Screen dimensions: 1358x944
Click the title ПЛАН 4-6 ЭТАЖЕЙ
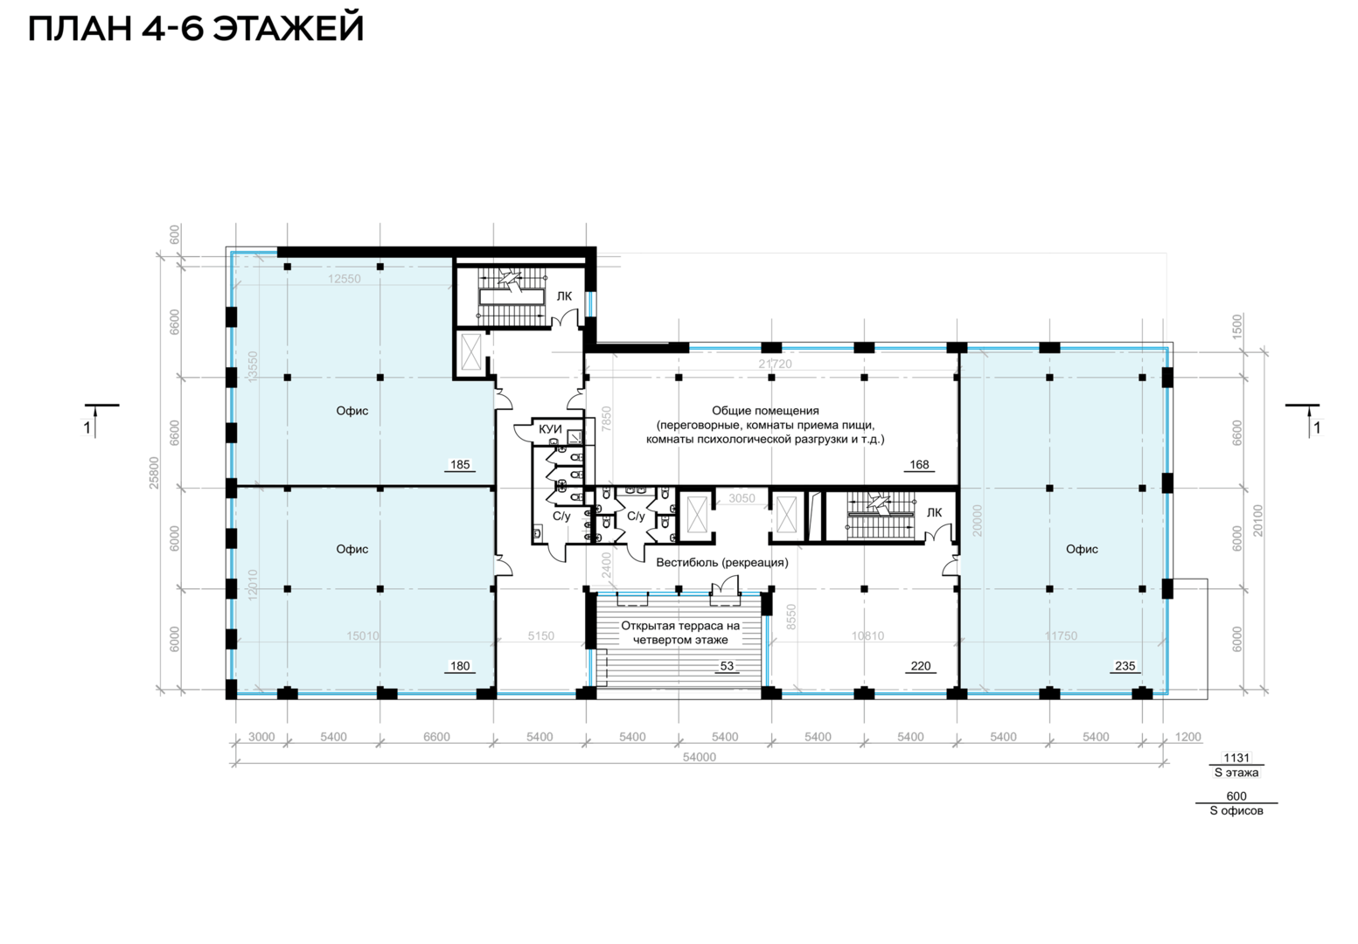click(196, 29)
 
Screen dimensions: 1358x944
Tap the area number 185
click(460, 465)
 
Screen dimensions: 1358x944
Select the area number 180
click(460, 666)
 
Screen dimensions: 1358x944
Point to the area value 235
click(1125, 666)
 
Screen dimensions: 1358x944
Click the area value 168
click(919, 465)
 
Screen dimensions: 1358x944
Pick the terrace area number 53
click(727, 666)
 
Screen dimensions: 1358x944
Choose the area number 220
click(920, 666)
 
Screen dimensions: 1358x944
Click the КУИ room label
click(550, 429)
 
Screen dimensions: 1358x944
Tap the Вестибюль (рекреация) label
click(722, 562)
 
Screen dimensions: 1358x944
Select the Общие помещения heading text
click(765, 411)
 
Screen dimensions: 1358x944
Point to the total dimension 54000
click(699, 757)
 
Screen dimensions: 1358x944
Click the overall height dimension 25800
click(154, 473)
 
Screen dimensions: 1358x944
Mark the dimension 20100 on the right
click(1258, 520)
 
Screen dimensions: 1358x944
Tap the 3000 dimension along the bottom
click(262, 737)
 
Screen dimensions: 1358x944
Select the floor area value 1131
click(1236, 758)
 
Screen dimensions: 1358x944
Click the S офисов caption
click(1236, 810)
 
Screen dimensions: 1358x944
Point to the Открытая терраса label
click(680, 626)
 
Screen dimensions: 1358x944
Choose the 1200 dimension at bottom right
click(1187, 737)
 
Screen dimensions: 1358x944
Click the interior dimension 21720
click(775, 364)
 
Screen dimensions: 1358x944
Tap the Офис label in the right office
click(1082, 549)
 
